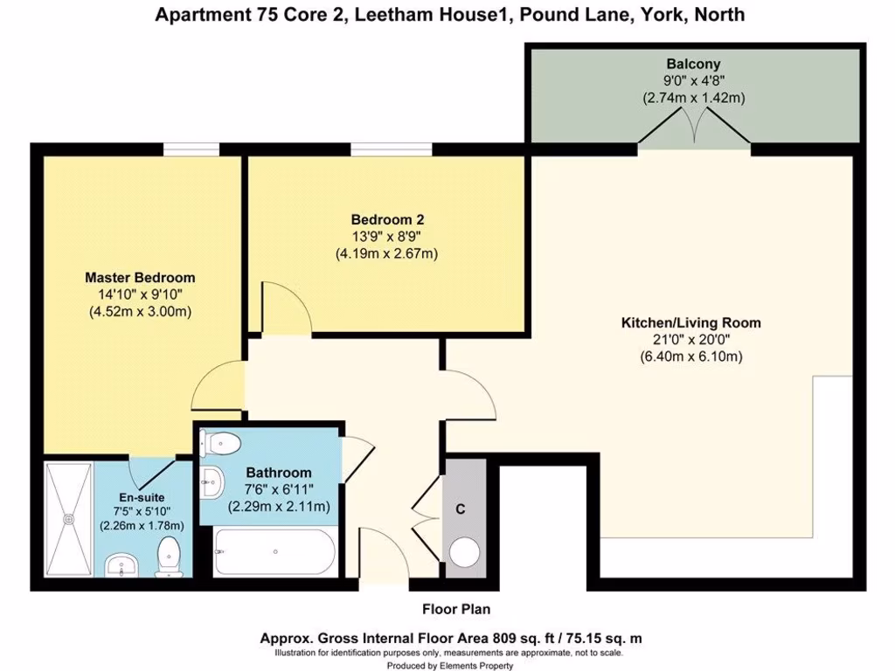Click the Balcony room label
coord(693,64)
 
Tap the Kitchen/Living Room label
coord(690,322)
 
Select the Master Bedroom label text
coord(140,278)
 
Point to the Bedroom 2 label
coord(386,219)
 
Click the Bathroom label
coord(278,473)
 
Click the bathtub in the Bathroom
coord(274,551)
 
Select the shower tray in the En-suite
coord(67,515)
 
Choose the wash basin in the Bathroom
coord(211,479)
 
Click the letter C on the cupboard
coord(463,508)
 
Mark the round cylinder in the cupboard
coord(463,552)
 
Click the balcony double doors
coord(694,132)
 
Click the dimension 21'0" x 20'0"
coord(690,340)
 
